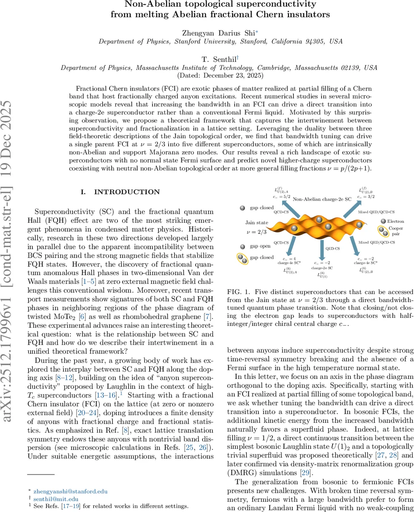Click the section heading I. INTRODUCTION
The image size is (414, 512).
coord(121,192)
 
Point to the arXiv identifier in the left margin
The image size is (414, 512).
coord(10,256)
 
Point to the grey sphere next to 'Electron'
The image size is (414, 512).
coord(383,221)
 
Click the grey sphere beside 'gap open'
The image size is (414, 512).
coord(242,247)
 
